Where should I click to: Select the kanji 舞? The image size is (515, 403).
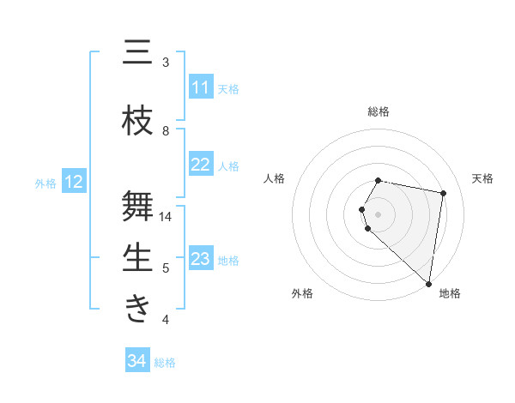pyautogui.click(x=137, y=206)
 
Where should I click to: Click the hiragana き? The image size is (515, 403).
pyautogui.click(x=137, y=309)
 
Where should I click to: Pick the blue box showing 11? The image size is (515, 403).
pyautogui.click(x=201, y=87)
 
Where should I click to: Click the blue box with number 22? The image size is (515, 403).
pyautogui.click(x=201, y=165)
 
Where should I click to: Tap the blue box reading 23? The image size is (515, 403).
pyautogui.click(x=201, y=259)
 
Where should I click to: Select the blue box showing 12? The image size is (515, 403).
pyautogui.click(x=74, y=182)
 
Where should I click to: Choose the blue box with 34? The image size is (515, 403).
pyautogui.click(x=137, y=361)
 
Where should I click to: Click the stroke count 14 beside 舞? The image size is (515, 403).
pyautogui.click(x=166, y=217)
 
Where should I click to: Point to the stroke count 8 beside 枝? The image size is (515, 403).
pyautogui.click(x=166, y=131)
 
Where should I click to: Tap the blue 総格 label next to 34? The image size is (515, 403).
pyautogui.click(x=165, y=363)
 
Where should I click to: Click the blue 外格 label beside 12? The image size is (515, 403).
pyautogui.click(x=45, y=183)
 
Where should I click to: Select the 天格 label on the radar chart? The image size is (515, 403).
pyautogui.click(x=483, y=178)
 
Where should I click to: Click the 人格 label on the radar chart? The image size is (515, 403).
pyautogui.click(x=275, y=178)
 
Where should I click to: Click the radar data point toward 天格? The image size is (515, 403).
pyautogui.click(x=443, y=194)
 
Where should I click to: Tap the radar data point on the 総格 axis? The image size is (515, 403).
pyautogui.click(x=379, y=180)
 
